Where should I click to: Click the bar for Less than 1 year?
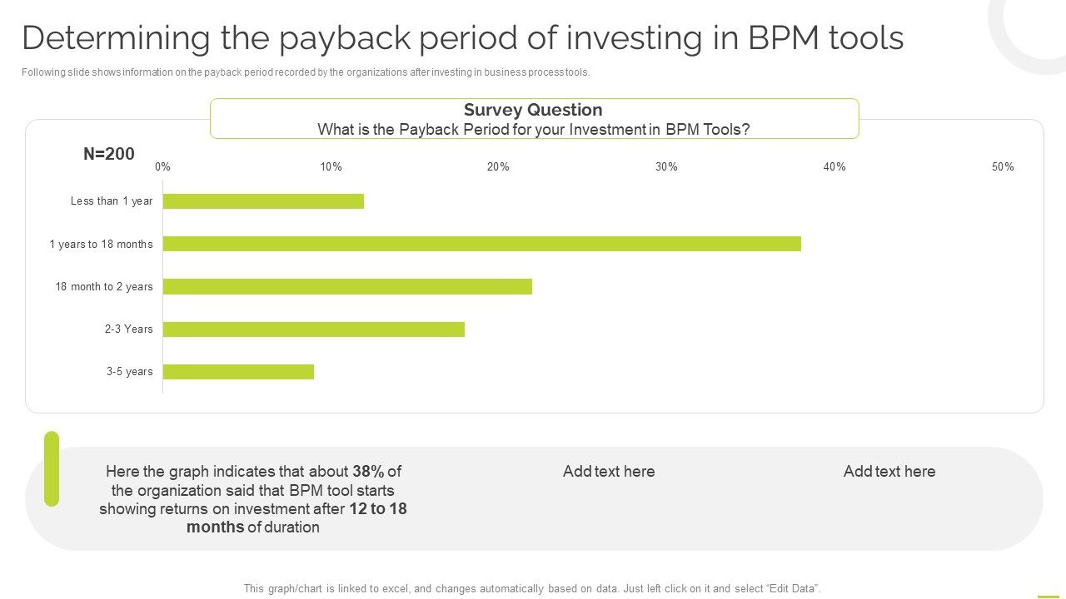pyautogui.click(x=263, y=201)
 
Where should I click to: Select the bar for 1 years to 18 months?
pyautogui.click(x=481, y=244)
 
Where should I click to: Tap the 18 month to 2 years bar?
pyautogui.click(x=347, y=286)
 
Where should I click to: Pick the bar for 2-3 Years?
pyautogui.click(x=313, y=329)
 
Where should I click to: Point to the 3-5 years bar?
pyautogui.click(x=238, y=372)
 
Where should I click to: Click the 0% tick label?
pyautogui.click(x=162, y=166)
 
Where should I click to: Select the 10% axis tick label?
pyautogui.click(x=331, y=166)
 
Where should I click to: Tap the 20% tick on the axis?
pyautogui.click(x=498, y=166)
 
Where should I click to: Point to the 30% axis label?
pyautogui.click(x=666, y=166)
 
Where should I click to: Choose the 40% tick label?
pyautogui.click(x=834, y=166)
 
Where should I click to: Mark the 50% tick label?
pyautogui.click(x=1003, y=166)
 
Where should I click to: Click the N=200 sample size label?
pyautogui.click(x=109, y=154)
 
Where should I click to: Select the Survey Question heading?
pyautogui.click(x=533, y=110)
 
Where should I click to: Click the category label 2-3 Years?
pyautogui.click(x=129, y=329)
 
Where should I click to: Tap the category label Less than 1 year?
pyautogui.click(x=112, y=201)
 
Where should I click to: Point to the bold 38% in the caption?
pyautogui.click(x=368, y=472)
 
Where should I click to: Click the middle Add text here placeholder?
pyautogui.click(x=609, y=472)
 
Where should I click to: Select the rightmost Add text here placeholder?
pyautogui.click(x=889, y=472)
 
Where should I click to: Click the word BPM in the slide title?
pyautogui.click(x=784, y=38)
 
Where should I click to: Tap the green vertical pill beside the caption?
pyautogui.click(x=52, y=468)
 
